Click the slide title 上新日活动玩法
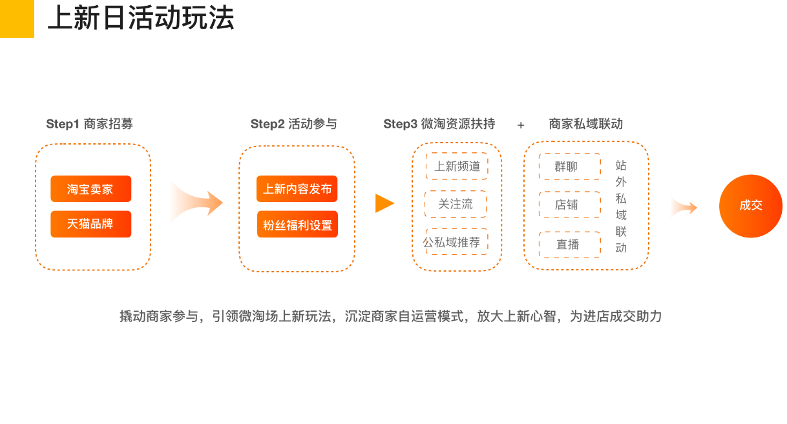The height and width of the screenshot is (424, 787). tap(140, 18)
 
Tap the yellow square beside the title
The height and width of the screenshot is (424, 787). tap(17, 19)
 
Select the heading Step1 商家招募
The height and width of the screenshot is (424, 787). tap(89, 124)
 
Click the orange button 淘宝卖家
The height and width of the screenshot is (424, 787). tap(90, 189)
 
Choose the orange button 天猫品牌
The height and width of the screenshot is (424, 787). tap(90, 224)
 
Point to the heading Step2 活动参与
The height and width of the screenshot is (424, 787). tap(293, 124)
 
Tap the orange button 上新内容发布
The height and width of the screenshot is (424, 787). tap(297, 189)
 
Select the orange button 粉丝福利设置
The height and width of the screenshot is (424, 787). tap(297, 225)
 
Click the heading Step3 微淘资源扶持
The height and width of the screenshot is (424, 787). tap(439, 124)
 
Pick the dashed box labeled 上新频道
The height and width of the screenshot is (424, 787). tap(457, 167)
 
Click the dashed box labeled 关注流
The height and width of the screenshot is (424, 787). tap(456, 204)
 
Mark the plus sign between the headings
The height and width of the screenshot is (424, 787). tap(521, 125)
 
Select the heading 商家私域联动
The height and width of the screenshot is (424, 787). tap(585, 124)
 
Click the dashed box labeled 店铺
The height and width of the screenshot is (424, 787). tap(567, 205)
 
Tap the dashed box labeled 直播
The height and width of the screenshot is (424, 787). tap(568, 245)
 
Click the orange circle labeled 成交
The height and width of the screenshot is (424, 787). tap(750, 206)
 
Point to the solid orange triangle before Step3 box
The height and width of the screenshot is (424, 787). tap(384, 203)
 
